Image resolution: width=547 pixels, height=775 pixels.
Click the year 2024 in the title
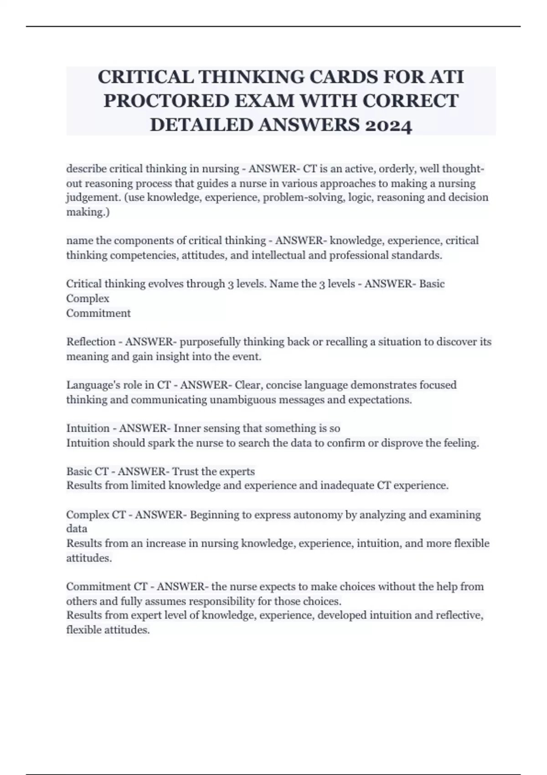(389, 125)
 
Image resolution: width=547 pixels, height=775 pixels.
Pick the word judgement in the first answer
(88, 198)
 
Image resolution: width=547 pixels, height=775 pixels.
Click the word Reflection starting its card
(91, 342)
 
